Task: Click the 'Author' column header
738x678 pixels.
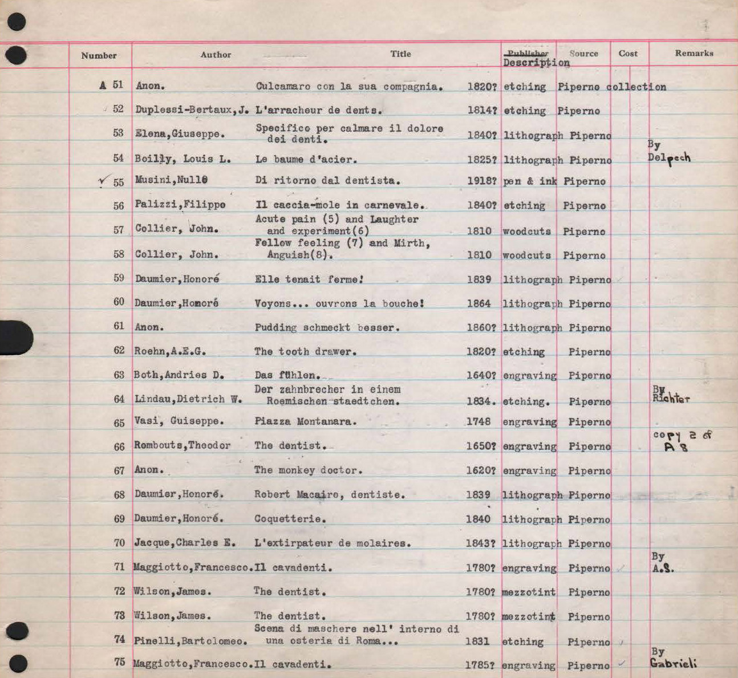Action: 216,55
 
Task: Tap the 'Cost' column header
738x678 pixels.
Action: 628,54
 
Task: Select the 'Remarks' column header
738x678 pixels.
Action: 694,53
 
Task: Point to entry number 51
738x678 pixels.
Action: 117,85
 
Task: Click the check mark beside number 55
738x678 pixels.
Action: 103,181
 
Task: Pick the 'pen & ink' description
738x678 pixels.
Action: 529,181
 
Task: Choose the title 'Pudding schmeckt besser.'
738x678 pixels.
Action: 327,328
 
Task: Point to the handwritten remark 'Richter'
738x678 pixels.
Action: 671,398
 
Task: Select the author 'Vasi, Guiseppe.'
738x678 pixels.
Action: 179,421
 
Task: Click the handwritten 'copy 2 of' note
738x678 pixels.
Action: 682,435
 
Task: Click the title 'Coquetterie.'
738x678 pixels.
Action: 290,519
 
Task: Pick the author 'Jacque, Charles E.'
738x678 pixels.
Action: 185,543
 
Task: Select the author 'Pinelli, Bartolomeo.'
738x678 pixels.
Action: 190,641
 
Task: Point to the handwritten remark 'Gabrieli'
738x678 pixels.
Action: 673,663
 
